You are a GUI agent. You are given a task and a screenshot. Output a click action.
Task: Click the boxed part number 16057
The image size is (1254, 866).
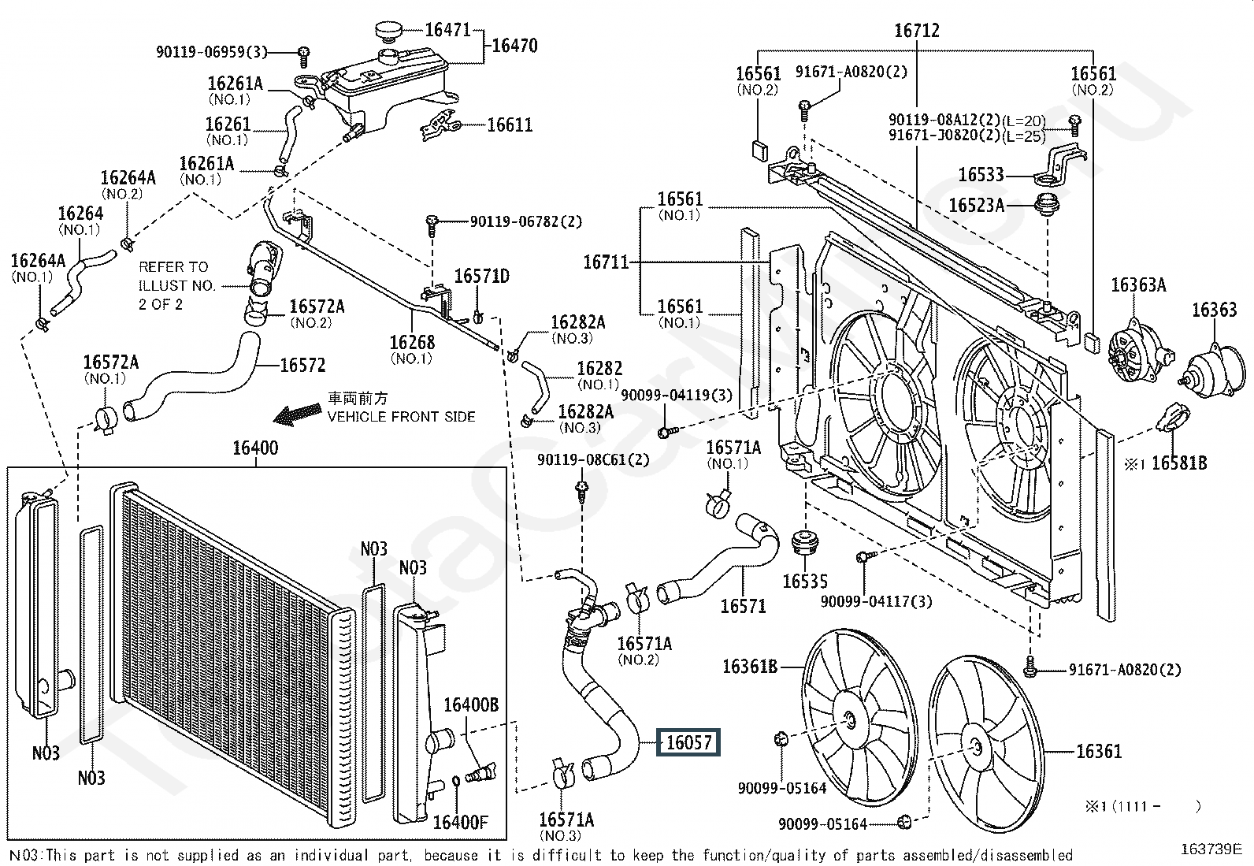tap(688, 742)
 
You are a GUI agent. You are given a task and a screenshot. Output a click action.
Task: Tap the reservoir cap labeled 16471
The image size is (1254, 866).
tap(389, 31)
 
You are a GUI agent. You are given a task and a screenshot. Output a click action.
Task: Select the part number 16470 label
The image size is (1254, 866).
tap(514, 46)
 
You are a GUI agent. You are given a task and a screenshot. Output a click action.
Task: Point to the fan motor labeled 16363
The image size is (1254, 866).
tap(1215, 372)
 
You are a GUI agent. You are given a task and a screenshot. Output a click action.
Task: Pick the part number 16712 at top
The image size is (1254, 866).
tap(916, 30)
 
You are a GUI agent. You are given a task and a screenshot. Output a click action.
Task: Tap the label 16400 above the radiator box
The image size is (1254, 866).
tap(255, 448)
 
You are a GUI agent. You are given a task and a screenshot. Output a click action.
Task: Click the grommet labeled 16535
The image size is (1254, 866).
tap(805, 541)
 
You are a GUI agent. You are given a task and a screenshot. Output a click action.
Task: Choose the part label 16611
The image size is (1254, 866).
tap(510, 125)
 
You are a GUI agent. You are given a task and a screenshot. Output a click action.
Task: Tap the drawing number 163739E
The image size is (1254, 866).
tap(1211, 849)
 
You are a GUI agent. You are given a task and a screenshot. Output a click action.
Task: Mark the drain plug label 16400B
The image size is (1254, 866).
tap(471, 704)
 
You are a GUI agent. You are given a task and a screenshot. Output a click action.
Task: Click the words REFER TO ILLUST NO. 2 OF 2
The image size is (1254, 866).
tap(177, 286)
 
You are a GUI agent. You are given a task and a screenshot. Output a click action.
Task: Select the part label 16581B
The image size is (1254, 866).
tap(1179, 463)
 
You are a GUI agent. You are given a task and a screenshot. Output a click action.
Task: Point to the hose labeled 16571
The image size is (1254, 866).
tap(718, 565)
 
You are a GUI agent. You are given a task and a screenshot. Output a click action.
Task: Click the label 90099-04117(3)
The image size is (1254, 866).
tap(876, 601)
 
